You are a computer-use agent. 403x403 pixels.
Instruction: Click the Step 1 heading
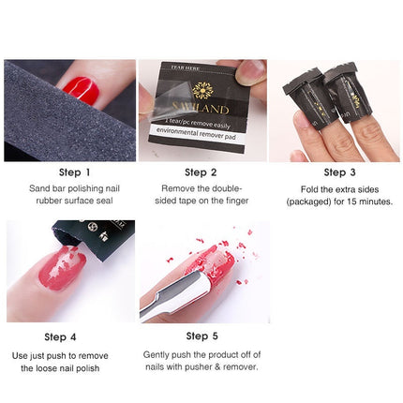tap(74, 172)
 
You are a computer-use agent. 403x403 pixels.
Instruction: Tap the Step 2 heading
tap(201, 172)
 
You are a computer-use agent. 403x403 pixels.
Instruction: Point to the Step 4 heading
tap(61, 336)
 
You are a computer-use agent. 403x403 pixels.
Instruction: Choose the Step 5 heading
tap(202, 336)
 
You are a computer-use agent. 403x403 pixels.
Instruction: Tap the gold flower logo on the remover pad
tap(202, 91)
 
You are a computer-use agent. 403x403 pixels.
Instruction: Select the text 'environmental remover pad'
tap(202, 134)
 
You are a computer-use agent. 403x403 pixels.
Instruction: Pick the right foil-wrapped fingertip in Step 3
tap(355, 94)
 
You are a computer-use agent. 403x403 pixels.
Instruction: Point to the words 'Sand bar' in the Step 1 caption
tap(47, 188)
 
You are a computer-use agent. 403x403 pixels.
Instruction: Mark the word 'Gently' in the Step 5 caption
tap(158, 355)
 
